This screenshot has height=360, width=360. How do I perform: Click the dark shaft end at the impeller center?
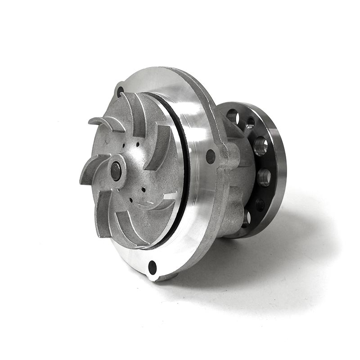tap(116, 171)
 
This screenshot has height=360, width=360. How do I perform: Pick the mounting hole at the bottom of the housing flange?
tap(153, 267)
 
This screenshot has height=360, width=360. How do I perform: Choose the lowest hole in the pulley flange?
tap(246, 220)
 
